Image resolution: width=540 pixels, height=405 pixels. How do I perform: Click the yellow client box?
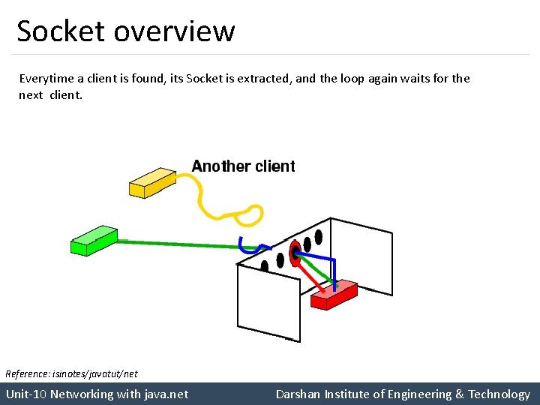(151, 182)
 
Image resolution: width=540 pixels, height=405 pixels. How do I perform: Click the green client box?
(93, 239)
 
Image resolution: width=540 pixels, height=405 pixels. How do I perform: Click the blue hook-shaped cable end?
(241, 245)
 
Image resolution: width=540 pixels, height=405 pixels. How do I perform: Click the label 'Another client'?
(243, 166)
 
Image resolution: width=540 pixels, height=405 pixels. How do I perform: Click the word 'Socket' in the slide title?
(61, 31)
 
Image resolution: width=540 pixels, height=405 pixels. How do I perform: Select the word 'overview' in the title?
(175, 31)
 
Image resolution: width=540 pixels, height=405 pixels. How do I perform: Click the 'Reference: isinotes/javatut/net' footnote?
(71, 373)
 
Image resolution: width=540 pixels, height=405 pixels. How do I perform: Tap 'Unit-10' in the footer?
(26, 394)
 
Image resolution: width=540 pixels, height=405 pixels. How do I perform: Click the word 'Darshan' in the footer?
(298, 394)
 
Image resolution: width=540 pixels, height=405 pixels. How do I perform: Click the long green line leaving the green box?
(180, 244)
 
